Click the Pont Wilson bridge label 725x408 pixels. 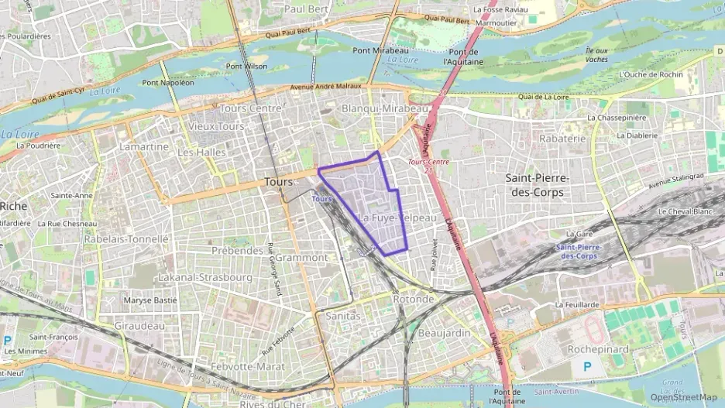click(246, 66)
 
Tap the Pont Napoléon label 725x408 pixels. click(168, 82)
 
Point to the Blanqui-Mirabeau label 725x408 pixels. click(384, 109)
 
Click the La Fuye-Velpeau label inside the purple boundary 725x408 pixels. click(397, 218)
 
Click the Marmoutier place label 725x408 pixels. click(496, 22)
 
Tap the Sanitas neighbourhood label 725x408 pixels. click(343, 316)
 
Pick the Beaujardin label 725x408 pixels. click(444, 332)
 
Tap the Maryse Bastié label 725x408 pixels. click(150, 300)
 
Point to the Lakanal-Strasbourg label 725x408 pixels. click(204, 276)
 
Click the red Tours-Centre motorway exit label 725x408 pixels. click(428, 162)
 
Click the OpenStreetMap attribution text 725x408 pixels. click(683, 397)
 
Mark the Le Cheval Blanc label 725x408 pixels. click(685, 211)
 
